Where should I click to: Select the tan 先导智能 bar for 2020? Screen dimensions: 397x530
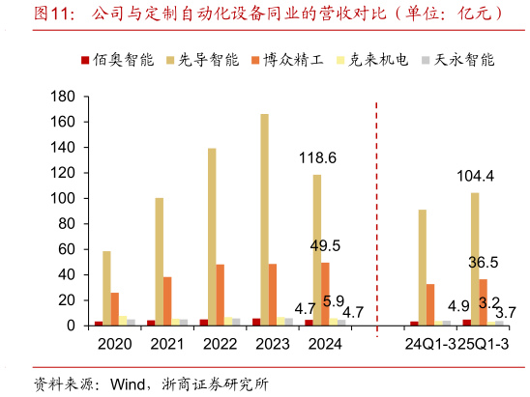click(106, 289)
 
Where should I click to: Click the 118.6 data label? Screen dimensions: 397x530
click(317, 157)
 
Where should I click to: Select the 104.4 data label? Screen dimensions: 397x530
click(476, 176)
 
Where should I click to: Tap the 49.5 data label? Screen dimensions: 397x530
click(325, 245)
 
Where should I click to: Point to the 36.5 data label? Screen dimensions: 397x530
click(483, 262)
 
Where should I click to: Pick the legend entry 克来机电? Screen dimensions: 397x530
click(380, 60)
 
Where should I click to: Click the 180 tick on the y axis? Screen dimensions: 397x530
click(62, 97)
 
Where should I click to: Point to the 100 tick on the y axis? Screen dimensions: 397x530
click(62, 198)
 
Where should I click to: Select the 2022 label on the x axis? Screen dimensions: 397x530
click(221, 344)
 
